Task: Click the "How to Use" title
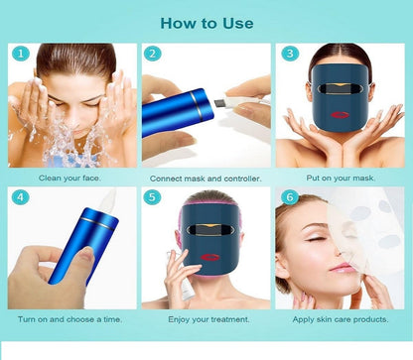click(206, 23)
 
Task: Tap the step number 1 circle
click(21, 54)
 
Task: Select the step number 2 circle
click(153, 54)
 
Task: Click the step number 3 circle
click(290, 54)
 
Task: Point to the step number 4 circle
click(21, 197)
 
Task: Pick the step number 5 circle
click(152, 197)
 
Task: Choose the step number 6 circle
click(290, 197)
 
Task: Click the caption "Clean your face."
click(69, 178)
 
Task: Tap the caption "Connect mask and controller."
click(206, 179)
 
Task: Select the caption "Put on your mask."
click(341, 178)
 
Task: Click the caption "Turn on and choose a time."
click(69, 319)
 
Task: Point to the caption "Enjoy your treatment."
click(208, 319)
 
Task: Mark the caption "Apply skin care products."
click(341, 319)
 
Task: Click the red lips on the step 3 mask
click(340, 115)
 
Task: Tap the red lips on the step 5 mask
click(208, 258)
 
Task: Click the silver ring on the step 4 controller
click(99, 223)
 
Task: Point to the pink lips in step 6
click(340, 267)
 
